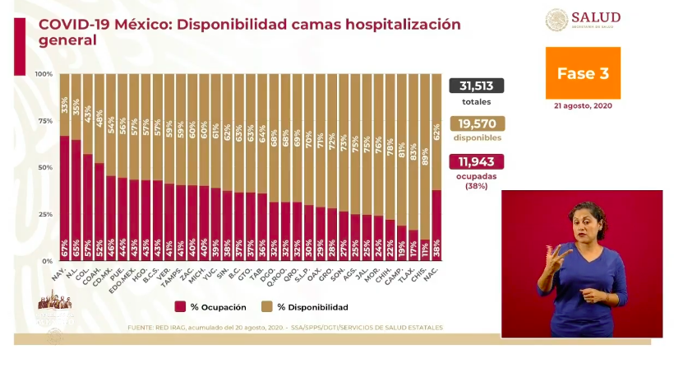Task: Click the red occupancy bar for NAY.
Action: [x=64, y=198]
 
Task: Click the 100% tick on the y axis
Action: [x=44, y=75]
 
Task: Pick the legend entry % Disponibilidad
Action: [x=304, y=307]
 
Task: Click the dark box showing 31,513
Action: [x=476, y=86]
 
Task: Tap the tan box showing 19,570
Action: [x=476, y=123]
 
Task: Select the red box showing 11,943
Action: [x=476, y=161]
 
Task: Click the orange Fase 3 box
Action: [x=583, y=73]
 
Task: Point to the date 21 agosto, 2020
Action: [x=583, y=106]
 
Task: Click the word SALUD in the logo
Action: [x=598, y=17]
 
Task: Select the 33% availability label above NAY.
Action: [x=64, y=105]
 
